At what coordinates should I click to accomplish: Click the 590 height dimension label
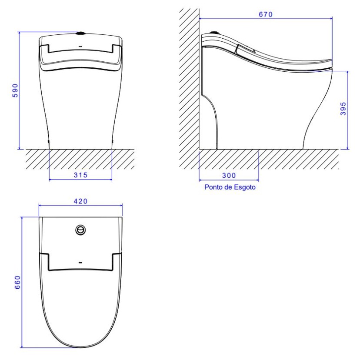click(x=15, y=91)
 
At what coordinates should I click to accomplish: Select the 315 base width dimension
click(x=80, y=175)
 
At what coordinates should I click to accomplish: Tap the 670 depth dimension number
click(x=266, y=14)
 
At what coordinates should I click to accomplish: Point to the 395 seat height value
click(x=343, y=109)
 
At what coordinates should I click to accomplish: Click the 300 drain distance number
click(x=229, y=176)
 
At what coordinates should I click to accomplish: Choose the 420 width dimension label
click(x=80, y=201)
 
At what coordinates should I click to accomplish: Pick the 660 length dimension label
click(x=17, y=283)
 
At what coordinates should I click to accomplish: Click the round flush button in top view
click(x=80, y=230)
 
